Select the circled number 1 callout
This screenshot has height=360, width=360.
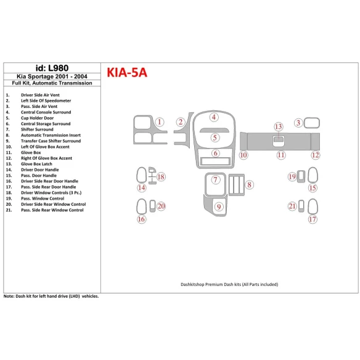(x=159, y=123)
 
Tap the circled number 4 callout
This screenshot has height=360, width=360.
(x=214, y=117)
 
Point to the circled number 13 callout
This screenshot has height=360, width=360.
(x=279, y=126)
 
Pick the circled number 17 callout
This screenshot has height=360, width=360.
(x=313, y=219)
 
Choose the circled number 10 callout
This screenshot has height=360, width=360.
(x=243, y=155)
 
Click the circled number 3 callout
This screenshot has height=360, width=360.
(x=298, y=123)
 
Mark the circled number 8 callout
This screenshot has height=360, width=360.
(x=248, y=184)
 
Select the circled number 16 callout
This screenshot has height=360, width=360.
(x=141, y=219)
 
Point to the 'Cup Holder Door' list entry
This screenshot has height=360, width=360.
(x=41, y=118)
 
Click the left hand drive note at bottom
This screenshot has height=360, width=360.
(x=51, y=296)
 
